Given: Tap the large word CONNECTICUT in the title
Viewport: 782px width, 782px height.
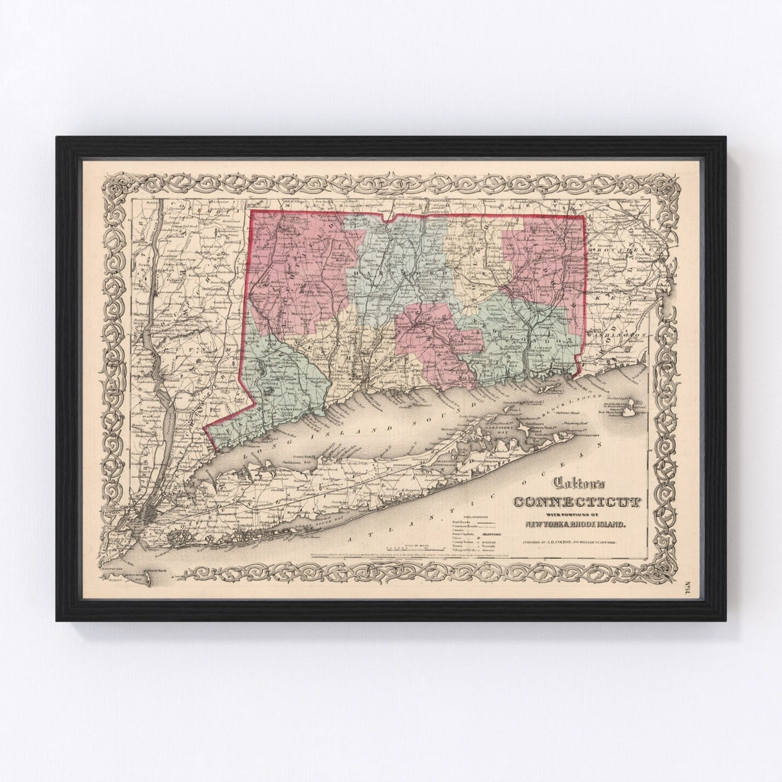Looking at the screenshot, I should [x=568, y=502].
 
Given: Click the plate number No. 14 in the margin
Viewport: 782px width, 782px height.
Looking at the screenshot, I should [x=687, y=588].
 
